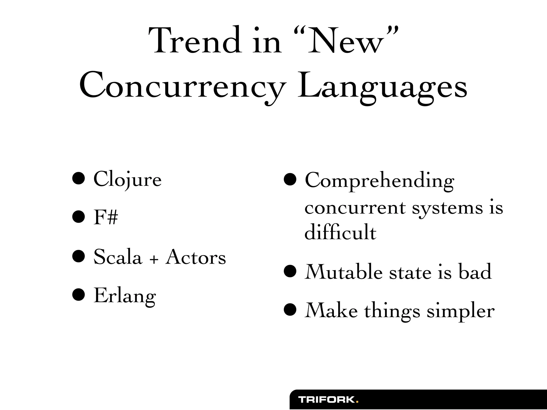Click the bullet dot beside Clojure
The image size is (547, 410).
(x=79, y=178)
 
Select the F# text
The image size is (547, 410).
(x=106, y=218)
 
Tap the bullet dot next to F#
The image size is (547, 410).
(x=79, y=217)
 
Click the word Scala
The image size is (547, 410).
(x=118, y=257)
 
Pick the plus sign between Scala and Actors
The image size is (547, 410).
(x=154, y=259)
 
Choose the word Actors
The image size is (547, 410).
(x=196, y=257)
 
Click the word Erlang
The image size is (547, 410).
(x=125, y=296)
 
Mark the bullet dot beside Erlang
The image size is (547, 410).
(x=79, y=295)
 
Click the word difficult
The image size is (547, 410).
(x=340, y=232)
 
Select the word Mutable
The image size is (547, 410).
(x=343, y=272)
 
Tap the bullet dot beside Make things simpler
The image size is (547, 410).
(x=290, y=310)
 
